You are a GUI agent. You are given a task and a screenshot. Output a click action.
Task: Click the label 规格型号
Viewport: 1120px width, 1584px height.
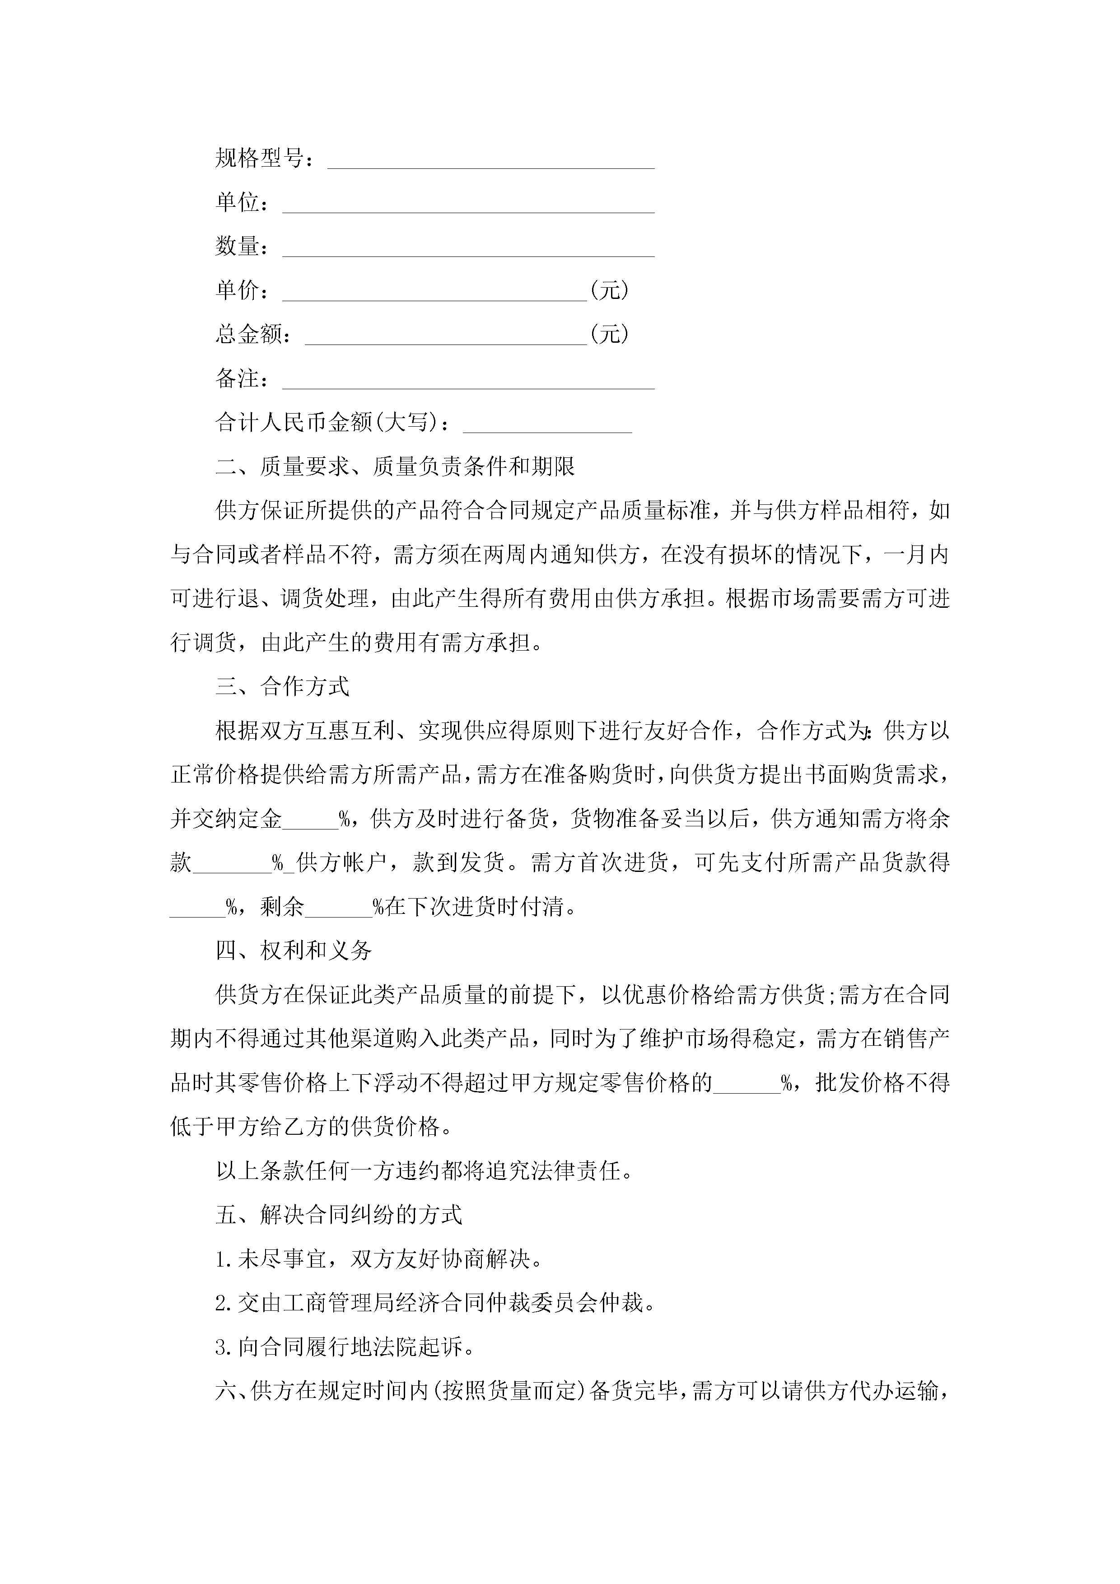(259, 158)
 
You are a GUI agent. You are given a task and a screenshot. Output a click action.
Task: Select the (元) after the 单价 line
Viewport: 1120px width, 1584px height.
(609, 290)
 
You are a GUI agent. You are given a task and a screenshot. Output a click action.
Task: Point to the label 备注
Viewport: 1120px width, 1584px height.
(237, 379)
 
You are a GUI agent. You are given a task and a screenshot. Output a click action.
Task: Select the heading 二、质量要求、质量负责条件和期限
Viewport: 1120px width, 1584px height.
(395, 467)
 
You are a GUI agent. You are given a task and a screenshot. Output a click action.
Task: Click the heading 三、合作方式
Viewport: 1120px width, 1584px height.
(282, 686)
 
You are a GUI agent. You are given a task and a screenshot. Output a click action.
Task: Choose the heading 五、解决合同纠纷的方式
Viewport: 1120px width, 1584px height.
(338, 1215)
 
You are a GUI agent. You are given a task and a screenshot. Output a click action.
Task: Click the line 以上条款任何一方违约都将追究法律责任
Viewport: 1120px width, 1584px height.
(424, 1171)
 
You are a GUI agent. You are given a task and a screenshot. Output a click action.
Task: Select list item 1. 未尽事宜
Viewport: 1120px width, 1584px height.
(378, 1259)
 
